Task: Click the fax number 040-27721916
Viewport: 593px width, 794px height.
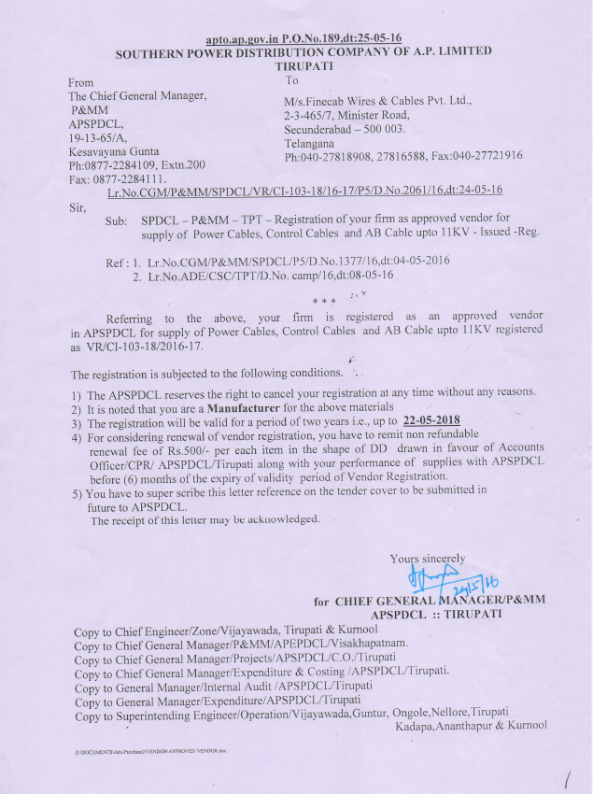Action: click(x=490, y=157)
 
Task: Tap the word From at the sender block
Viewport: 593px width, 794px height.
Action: click(x=81, y=82)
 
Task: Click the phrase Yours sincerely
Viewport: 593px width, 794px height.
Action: click(x=428, y=559)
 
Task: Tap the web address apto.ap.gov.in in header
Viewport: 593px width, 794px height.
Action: click(x=242, y=37)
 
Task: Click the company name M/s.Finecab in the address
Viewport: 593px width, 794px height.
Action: click(x=318, y=100)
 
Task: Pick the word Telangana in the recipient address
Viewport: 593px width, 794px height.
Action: click(x=309, y=144)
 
